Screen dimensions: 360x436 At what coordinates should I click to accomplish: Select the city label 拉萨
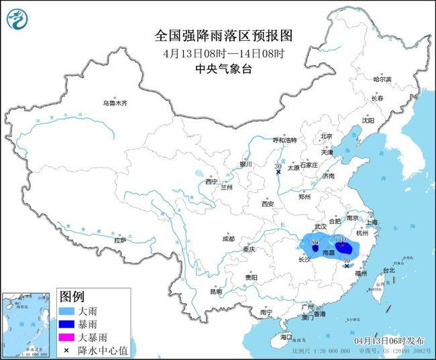(x=120, y=240)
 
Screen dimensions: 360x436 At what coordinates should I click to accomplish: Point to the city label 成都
(x=229, y=238)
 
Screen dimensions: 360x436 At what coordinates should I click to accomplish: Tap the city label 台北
(x=388, y=270)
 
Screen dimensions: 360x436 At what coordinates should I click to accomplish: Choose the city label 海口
(x=286, y=337)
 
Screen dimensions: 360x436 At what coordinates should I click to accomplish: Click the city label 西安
(x=268, y=203)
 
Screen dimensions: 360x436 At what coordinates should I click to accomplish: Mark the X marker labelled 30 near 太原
(x=278, y=172)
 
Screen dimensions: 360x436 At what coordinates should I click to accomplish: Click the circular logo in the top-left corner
(x=19, y=18)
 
